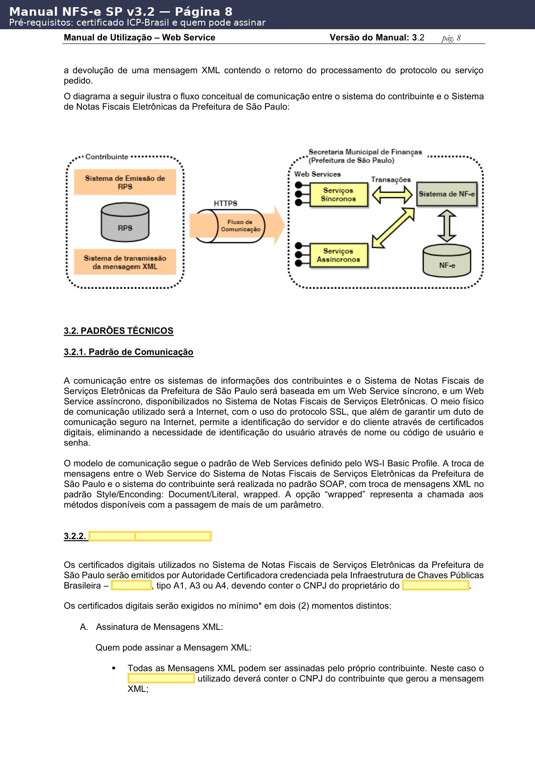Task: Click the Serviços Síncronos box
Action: (x=339, y=195)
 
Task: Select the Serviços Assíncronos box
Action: (x=339, y=256)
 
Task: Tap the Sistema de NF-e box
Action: (x=447, y=194)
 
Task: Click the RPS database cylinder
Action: (x=125, y=223)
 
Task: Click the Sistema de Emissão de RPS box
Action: (x=125, y=182)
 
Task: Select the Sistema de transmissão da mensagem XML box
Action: (x=125, y=262)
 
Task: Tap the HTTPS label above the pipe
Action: (x=225, y=204)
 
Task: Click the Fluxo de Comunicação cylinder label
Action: (x=240, y=226)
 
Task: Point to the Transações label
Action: (x=391, y=180)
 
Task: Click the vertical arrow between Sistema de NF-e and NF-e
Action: (x=447, y=226)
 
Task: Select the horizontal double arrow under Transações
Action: (x=392, y=195)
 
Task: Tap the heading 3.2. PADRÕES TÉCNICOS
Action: (x=119, y=331)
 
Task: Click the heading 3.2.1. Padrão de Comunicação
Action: (x=128, y=352)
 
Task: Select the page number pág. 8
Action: (x=451, y=38)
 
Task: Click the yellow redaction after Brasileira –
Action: (x=131, y=585)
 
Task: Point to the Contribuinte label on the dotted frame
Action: (x=107, y=157)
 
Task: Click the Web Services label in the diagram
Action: (x=318, y=174)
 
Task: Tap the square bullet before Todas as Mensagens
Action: (x=114, y=668)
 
